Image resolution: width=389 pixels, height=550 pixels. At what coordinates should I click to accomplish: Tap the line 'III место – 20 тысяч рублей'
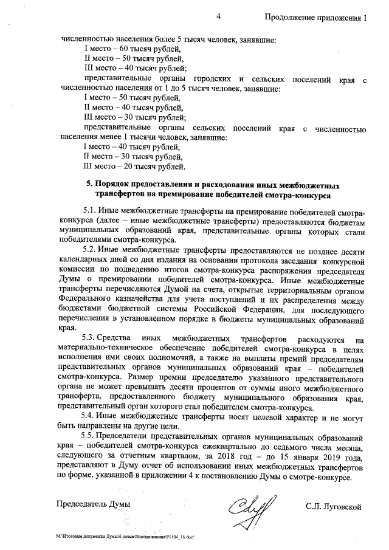pos(134,167)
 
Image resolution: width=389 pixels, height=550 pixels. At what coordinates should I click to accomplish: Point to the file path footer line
pos(128,537)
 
